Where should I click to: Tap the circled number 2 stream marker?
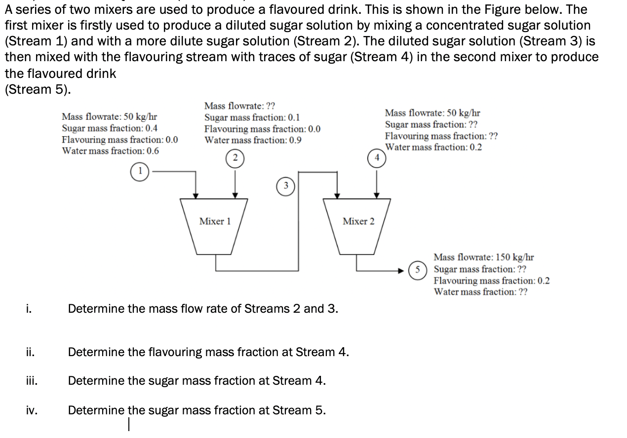pos(235,158)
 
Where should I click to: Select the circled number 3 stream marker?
pos(285,186)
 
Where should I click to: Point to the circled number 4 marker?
pos(376,158)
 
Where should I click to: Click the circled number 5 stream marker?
pos(418,270)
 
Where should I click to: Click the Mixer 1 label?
pos(215,221)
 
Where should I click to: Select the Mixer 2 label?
pos(358,221)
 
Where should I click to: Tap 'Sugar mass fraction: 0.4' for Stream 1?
pos(110,128)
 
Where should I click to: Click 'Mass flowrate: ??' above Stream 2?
pos(240,106)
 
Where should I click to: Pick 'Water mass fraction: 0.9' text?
pos(253,140)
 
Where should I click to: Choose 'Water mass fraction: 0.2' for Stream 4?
pos(433,147)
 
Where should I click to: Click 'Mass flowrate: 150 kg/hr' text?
pos(484,257)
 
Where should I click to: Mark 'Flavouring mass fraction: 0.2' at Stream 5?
pos(492,281)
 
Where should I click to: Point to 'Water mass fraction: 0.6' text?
pos(110,151)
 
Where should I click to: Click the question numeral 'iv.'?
pos(31,410)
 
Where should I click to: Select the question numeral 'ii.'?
pos(30,352)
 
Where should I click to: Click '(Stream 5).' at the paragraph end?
pos(38,89)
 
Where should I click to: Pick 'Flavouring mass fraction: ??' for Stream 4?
pos(441,136)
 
